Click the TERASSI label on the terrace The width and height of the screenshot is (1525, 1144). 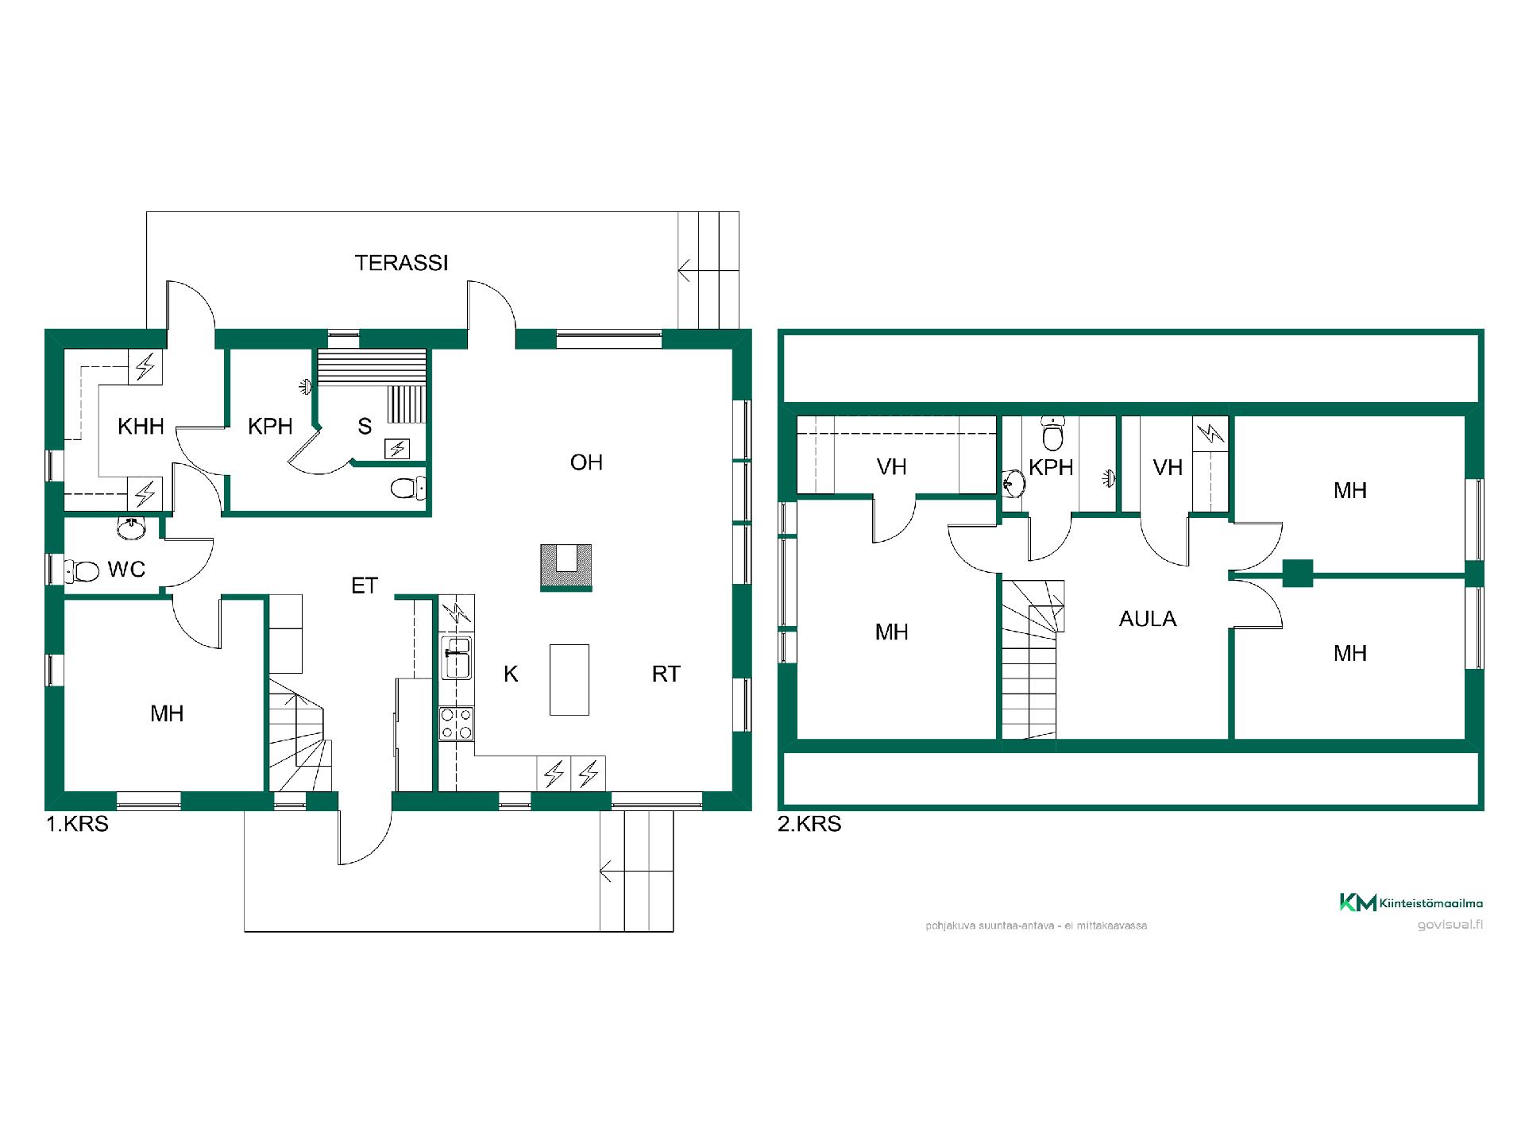401,263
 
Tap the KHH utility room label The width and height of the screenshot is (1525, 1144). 141,427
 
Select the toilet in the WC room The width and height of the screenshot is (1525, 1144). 82,570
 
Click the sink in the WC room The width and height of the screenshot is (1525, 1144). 130,527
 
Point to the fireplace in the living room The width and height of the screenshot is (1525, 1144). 566,566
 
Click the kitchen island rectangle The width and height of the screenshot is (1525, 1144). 569,679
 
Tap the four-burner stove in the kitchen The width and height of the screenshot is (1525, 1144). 457,724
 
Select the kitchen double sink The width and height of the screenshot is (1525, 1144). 457,657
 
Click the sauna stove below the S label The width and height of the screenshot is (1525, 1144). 396,449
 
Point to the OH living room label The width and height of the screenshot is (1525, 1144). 586,462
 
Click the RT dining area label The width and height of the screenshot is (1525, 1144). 666,674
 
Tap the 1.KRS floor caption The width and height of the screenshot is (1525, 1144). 77,824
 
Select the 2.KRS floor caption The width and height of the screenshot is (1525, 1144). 809,824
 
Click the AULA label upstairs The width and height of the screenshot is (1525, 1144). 1148,619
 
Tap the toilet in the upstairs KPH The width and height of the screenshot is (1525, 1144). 1053,434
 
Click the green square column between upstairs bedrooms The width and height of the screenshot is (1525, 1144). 1298,574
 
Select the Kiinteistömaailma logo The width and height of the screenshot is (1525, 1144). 1411,902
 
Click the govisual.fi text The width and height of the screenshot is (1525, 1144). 1450,925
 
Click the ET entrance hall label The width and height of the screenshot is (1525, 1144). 365,586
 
